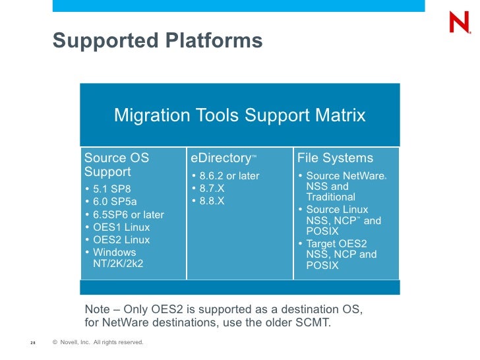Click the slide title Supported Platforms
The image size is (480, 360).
coord(158,41)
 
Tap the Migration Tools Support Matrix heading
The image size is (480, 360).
coord(239,115)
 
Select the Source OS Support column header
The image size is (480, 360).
coord(117,165)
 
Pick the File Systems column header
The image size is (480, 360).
coord(335,158)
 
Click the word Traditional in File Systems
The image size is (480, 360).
coord(330,197)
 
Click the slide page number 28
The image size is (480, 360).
coord(32,343)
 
